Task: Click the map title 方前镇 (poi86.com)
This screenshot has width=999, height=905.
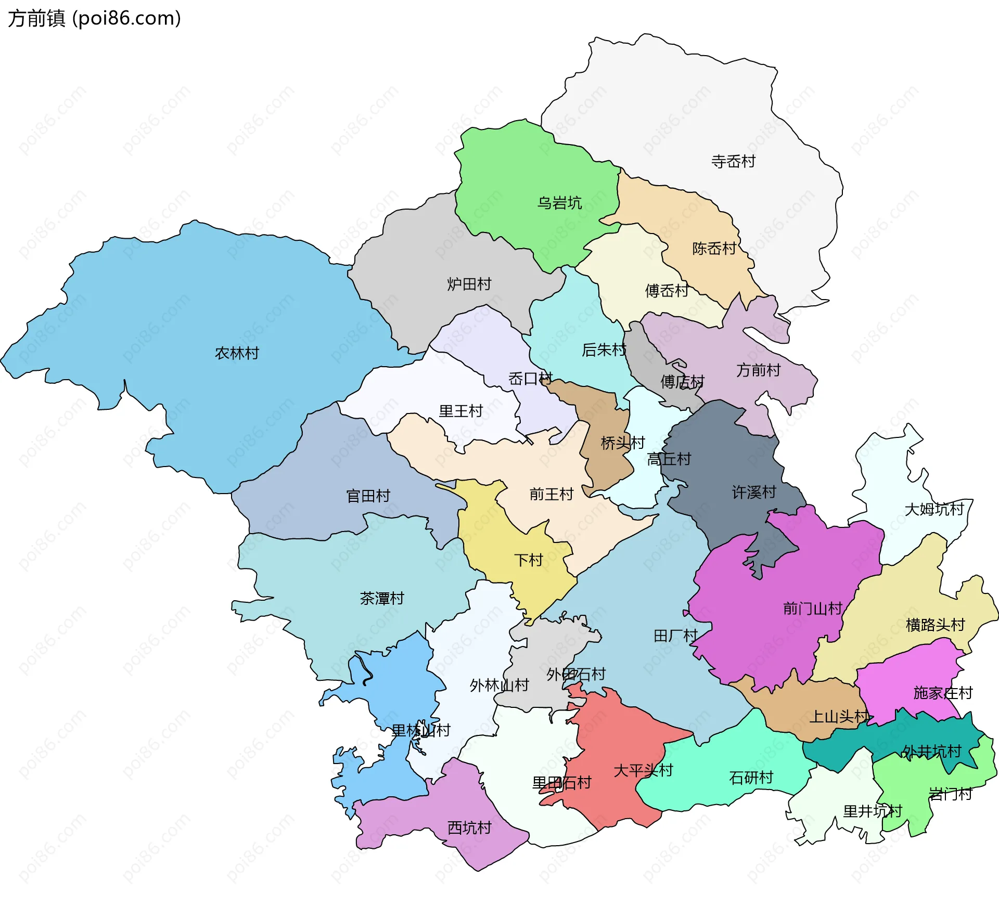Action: pyautogui.click(x=95, y=18)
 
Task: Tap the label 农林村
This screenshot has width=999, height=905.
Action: pyautogui.click(x=237, y=353)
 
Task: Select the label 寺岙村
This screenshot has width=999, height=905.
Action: pyautogui.click(x=733, y=161)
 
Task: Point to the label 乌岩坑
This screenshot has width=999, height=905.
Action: pyautogui.click(x=559, y=202)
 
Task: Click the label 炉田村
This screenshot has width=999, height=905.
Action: pyautogui.click(x=469, y=284)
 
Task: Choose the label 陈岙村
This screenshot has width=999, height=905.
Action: pyautogui.click(x=714, y=248)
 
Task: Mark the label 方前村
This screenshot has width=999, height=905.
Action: pyautogui.click(x=758, y=370)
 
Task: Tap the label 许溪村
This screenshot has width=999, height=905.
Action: pyautogui.click(x=753, y=492)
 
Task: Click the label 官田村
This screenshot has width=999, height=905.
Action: pyautogui.click(x=368, y=496)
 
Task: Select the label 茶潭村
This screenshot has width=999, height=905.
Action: pyautogui.click(x=381, y=598)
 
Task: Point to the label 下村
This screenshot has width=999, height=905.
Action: pyautogui.click(x=528, y=560)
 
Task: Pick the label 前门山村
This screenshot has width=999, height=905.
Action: pyautogui.click(x=812, y=608)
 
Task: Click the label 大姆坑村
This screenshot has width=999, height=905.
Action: pyautogui.click(x=934, y=509)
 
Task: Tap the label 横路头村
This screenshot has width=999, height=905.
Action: pyautogui.click(x=935, y=624)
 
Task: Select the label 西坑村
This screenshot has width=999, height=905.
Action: pyautogui.click(x=469, y=828)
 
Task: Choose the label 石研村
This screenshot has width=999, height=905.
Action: pyautogui.click(x=751, y=778)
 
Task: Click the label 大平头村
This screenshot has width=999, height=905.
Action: pyautogui.click(x=643, y=770)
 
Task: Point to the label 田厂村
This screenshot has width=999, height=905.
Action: pyautogui.click(x=675, y=636)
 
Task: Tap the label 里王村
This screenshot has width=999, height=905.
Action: pyautogui.click(x=460, y=411)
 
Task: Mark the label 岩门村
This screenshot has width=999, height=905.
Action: pyautogui.click(x=950, y=794)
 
